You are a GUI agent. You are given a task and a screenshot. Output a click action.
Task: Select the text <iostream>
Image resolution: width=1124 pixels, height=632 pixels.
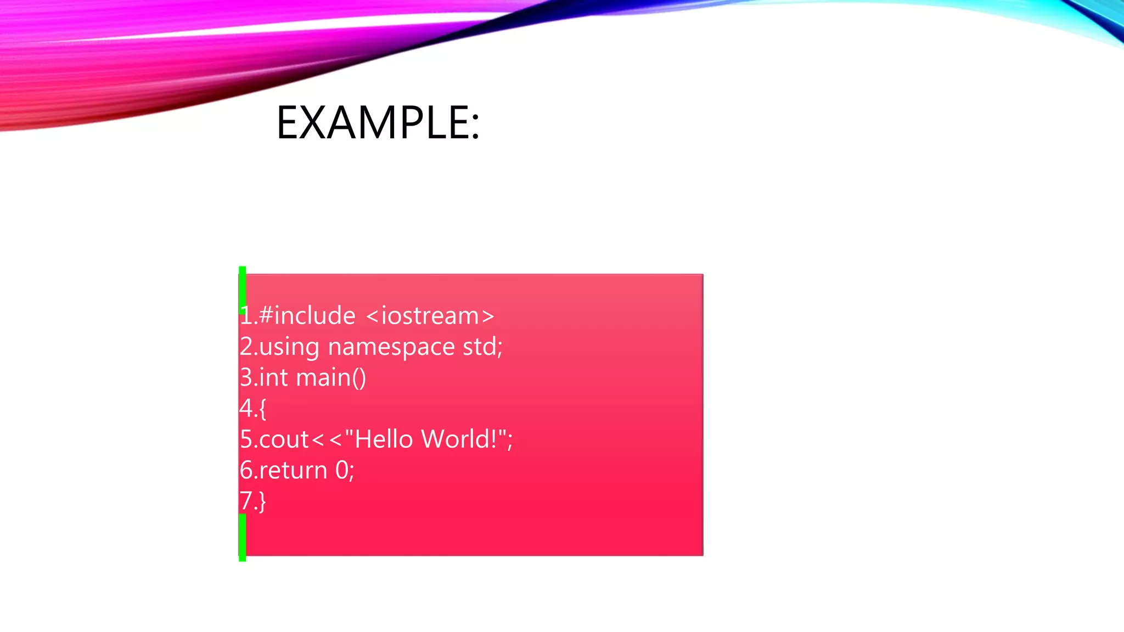[x=429, y=316]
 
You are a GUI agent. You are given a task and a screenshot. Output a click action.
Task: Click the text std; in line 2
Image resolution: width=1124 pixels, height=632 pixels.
[x=482, y=347]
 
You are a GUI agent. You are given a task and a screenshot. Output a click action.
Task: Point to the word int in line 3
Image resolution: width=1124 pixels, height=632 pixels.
[x=273, y=377]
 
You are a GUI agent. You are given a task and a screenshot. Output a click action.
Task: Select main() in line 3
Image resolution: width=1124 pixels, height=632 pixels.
[x=331, y=378]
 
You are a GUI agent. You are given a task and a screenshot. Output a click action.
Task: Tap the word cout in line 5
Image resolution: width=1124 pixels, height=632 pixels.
[x=284, y=439]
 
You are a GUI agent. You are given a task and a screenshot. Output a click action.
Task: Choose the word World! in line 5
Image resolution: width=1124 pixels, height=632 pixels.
[x=459, y=439]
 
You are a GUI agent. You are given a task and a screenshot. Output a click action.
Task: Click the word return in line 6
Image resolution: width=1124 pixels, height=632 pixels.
[x=293, y=471]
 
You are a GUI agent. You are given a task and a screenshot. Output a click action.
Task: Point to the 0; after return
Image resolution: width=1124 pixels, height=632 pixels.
[x=345, y=471]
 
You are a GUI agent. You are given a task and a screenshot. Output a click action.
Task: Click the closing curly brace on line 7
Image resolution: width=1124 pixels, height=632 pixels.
[x=262, y=501]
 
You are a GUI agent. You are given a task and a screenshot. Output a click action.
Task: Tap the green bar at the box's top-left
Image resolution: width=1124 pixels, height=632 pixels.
[x=242, y=285]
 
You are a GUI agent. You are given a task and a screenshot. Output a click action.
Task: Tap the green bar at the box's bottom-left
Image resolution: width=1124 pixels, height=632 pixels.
[x=242, y=538]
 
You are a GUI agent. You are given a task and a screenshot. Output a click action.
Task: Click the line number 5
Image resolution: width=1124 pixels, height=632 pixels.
[x=246, y=439]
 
